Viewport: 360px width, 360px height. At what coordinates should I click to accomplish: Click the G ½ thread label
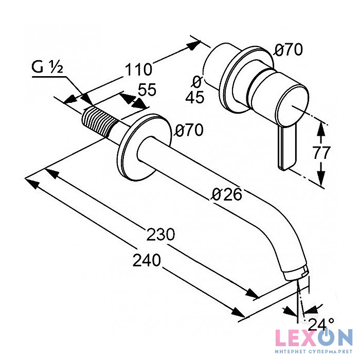pyautogui.click(x=47, y=67)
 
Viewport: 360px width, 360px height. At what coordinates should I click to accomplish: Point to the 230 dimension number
pyautogui.click(x=160, y=234)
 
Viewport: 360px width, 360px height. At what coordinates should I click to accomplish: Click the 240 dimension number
pyautogui.click(x=147, y=260)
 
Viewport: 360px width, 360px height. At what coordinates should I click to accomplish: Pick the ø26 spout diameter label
pyautogui.click(x=227, y=194)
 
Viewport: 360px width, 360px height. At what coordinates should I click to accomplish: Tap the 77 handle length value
pyautogui.click(x=321, y=152)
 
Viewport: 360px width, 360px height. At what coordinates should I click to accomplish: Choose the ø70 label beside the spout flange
pyautogui.click(x=189, y=130)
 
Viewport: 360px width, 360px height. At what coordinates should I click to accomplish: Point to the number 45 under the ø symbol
pyautogui.click(x=194, y=97)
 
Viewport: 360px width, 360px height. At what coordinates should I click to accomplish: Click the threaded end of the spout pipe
pyautogui.click(x=99, y=122)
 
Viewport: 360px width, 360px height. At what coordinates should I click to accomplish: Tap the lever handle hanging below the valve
pyautogui.click(x=286, y=148)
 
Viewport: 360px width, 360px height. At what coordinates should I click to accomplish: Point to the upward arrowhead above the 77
pyautogui.click(x=321, y=130)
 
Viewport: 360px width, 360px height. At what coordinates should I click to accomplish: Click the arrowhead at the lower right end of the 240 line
pyautogui.click(x=238, y=313)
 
